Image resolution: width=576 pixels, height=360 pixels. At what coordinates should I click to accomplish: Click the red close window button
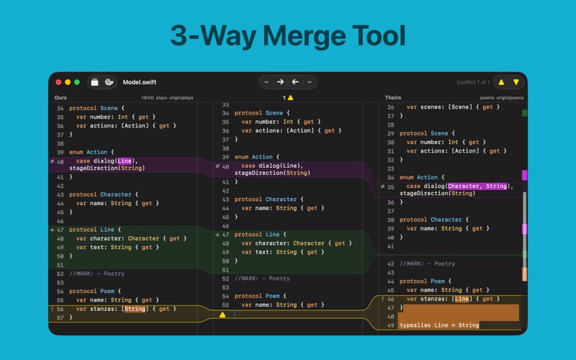[58, 82]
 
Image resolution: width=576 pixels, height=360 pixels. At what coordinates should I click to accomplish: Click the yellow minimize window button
[68, 82]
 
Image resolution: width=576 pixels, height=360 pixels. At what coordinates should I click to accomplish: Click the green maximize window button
[77, 82]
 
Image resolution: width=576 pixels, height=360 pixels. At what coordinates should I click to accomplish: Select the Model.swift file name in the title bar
[140, 82]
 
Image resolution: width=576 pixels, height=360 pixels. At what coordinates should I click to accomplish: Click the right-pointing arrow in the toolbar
[280, 82]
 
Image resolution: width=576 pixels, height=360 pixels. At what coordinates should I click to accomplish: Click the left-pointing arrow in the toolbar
[295, 82]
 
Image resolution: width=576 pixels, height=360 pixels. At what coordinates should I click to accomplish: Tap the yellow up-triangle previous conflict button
[501, 82]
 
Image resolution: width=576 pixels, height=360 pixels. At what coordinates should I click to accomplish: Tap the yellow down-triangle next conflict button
[516, 82]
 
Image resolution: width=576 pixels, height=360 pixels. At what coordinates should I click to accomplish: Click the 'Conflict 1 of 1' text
[473, 82]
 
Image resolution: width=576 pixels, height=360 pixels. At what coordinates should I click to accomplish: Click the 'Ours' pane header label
[60, 98]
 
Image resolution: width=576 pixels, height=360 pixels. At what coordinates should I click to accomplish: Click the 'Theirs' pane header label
[392, 98]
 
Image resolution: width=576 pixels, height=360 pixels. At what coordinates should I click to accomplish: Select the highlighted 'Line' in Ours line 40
[125, 161]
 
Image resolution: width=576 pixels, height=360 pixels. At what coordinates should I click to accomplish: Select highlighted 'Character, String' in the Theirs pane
[477, 186]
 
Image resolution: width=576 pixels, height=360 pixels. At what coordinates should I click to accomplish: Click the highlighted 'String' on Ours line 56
[135, 309]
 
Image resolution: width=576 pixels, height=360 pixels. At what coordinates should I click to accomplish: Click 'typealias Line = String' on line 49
[439, 325]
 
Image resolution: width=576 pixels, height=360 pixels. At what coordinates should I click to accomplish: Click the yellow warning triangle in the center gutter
[222, 315]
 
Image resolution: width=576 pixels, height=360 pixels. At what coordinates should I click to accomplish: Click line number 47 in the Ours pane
[60, 230]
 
